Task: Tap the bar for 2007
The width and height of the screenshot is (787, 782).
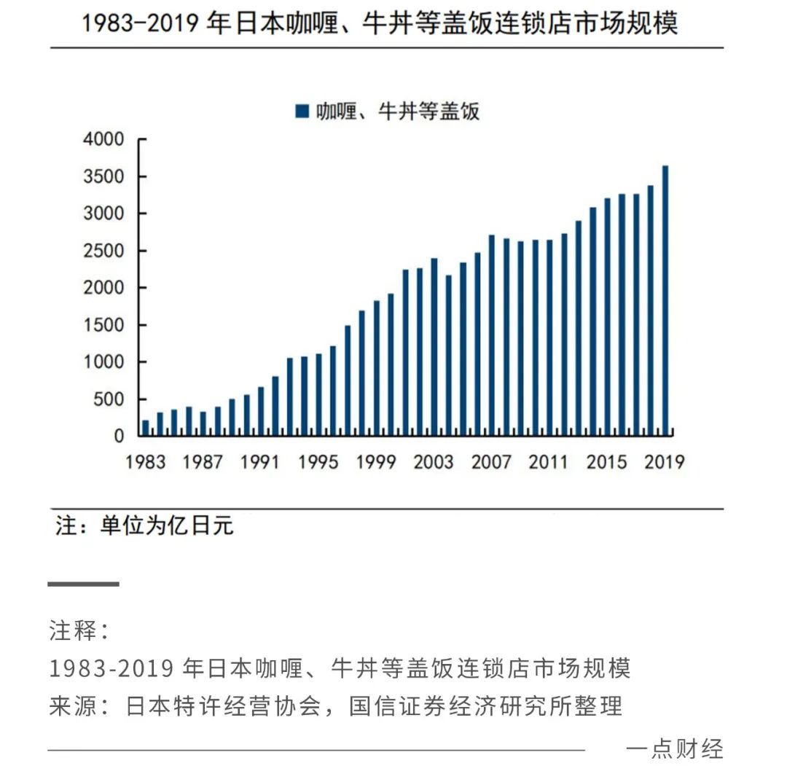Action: click(x=492, y=335)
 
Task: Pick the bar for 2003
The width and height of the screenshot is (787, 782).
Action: click(x=434, y=347)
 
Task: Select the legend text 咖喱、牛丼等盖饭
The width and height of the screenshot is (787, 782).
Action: click(x=397, y=112)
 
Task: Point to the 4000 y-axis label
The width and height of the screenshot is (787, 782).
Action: click(x=104, y=139)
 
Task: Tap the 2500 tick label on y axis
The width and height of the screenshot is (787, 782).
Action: click(x=104, y=251)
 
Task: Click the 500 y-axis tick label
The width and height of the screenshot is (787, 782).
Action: click(x=109, y=399)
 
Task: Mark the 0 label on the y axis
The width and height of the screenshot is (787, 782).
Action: click(x=119, y=437)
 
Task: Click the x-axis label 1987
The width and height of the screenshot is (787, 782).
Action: click(x=203, y=463)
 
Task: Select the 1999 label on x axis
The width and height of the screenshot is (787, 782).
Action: click(x=376, y=463)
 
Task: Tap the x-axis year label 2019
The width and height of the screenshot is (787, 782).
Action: click(x=664, y=463)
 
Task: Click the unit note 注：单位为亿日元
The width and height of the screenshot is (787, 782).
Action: click(x=144, y=526)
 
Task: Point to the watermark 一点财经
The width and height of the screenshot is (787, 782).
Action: click(x=674, y=749)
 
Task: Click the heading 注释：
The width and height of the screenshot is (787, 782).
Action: click(x=79, y=631)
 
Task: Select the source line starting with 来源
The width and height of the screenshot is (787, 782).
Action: click(x=336, y=705)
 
